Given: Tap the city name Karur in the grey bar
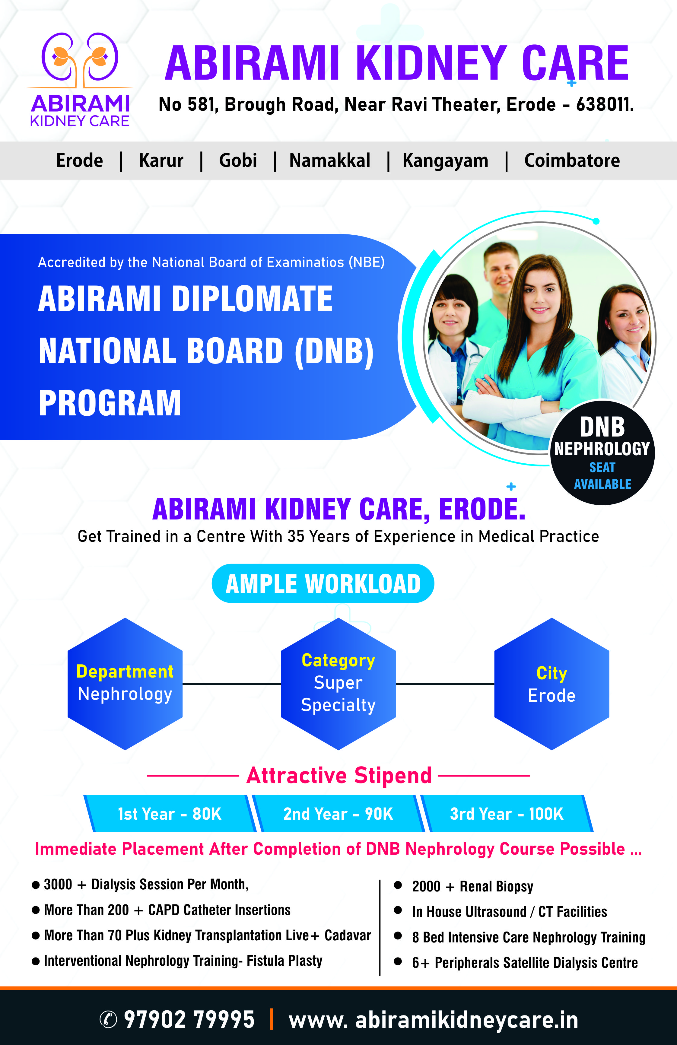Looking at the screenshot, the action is coord(161,160).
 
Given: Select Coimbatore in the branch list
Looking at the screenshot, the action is coord(572,160).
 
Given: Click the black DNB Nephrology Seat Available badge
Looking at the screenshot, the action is coord(602,452).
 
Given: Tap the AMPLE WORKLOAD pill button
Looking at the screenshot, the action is coord(323,583).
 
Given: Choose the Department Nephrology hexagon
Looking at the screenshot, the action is coord(125,684).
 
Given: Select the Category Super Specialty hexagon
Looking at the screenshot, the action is coord(338,684).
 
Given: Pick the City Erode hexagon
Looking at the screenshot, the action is coord(552,684).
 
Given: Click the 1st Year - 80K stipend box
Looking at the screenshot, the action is coord(170,813).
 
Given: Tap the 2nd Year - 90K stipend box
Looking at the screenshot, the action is coord(338,813).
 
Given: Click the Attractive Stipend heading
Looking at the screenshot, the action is coord(339,775).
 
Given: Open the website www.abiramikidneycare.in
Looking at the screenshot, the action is coord(433,1020).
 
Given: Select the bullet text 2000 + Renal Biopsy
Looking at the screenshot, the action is coord(472,886).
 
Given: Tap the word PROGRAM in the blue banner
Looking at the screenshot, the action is coord(110,403).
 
